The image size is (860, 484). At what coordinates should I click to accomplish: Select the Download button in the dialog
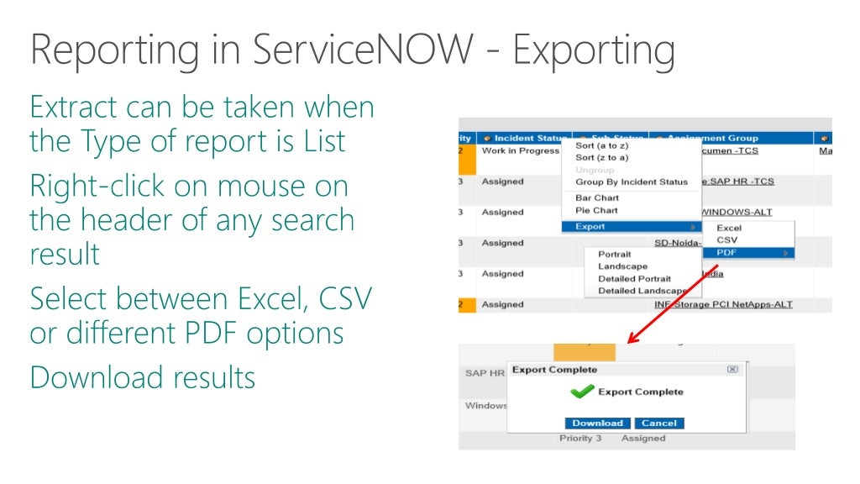597,423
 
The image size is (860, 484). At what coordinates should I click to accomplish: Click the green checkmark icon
582,392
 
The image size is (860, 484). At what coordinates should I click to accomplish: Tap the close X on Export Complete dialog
732,369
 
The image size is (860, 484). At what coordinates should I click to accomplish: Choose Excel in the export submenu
728,228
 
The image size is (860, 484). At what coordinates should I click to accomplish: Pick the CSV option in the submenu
726,240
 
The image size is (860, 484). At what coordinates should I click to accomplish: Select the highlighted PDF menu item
727,252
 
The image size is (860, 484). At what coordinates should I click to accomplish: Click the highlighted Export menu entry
590,227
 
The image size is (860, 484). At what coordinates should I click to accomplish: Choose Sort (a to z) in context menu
602,145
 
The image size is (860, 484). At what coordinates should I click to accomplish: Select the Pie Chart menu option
596,210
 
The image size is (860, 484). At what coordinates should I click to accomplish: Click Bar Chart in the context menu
596,198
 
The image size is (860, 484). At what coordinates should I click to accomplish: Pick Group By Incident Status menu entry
631,181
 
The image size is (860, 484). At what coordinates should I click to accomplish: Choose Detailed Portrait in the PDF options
634,279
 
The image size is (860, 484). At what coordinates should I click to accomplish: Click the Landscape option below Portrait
622,266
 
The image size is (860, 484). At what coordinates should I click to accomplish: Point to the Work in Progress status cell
520,150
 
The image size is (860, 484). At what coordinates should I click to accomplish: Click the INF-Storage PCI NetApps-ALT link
723,304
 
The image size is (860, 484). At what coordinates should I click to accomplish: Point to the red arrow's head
631,342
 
